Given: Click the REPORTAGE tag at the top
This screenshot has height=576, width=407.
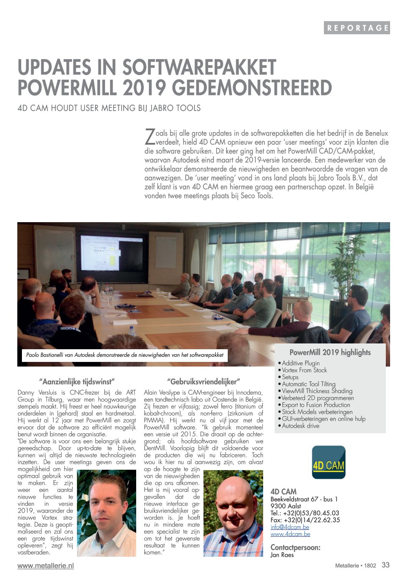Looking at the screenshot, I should pyautogui.click(x=357, y=28).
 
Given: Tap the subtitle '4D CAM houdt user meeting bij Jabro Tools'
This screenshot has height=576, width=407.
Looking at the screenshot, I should pyautogui.click(x=109, y=108).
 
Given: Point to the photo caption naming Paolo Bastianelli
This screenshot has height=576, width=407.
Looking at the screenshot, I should pyautogui.click(x=125, y=355).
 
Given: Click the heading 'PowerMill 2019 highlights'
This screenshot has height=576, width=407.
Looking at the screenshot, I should pyautogui.click(x=330, y=352).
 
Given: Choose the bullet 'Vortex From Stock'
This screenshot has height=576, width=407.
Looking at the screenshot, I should pyautogui.click(x=304, y=370).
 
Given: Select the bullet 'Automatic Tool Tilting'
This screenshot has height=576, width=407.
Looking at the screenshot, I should pyautogui.click(x=308, y=384).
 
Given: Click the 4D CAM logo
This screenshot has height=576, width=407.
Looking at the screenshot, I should pyautogui.click(x=329, y=462).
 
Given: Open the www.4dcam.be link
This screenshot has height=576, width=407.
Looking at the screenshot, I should pyautogui.click(x=290, y=534).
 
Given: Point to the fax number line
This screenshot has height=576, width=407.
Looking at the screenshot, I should pyautogui.click(x=305, y=520).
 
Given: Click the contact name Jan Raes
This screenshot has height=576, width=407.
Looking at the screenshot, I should pyautogui.click(x=282, y=555).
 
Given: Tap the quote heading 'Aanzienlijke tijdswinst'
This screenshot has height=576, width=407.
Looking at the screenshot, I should pyautogui.click(x=77, y=382).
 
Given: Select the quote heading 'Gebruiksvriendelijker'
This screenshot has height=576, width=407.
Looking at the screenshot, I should pyautogui.click(x=203, y=382).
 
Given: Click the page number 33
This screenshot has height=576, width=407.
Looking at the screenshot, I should pyautogui.click(x=385, y=565).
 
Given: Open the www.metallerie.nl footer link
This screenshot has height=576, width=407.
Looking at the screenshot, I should pyautogui.click(x=45, y=566).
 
